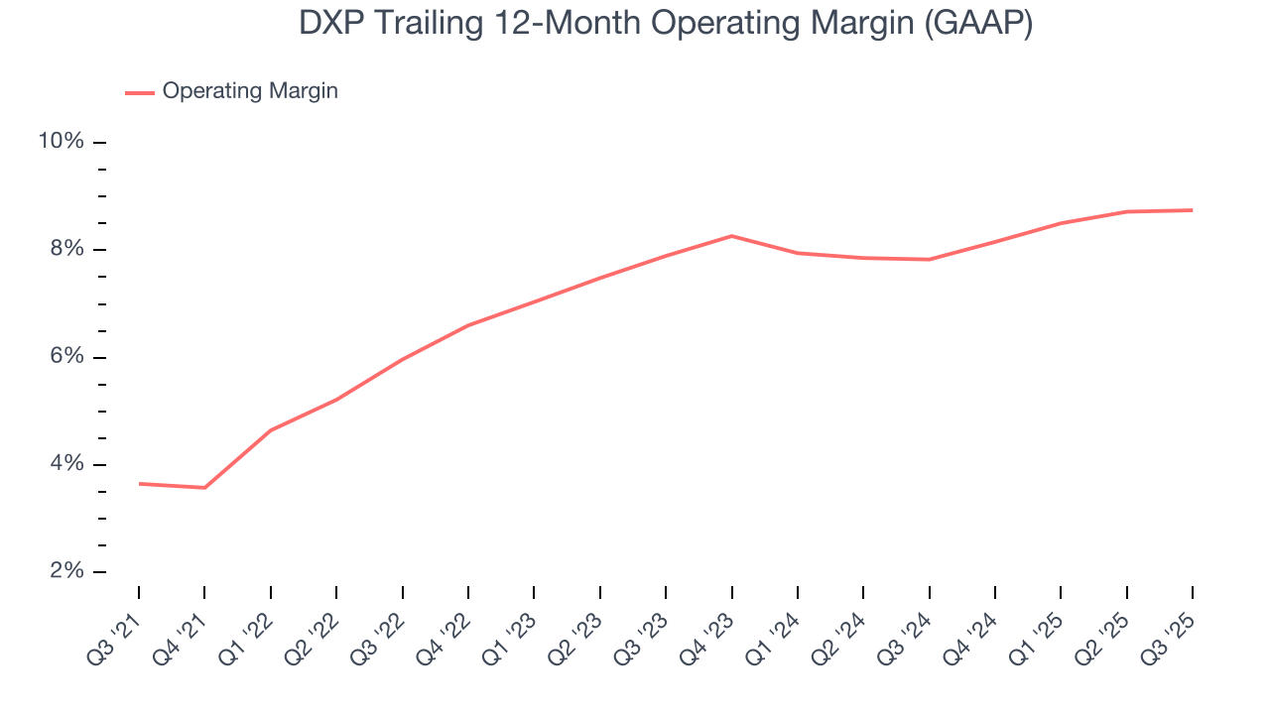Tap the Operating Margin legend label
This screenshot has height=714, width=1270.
(250, 91)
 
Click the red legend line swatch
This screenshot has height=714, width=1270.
(139, 92)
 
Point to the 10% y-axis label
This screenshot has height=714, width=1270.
(61, 142)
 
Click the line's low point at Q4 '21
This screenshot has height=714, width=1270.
(204, 488)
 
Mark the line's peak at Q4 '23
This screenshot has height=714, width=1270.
(731, 236)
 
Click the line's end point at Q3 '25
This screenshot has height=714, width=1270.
(1192, 210)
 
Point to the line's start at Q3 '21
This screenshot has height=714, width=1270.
(139, 484)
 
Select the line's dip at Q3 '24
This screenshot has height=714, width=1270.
(929, 260)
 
